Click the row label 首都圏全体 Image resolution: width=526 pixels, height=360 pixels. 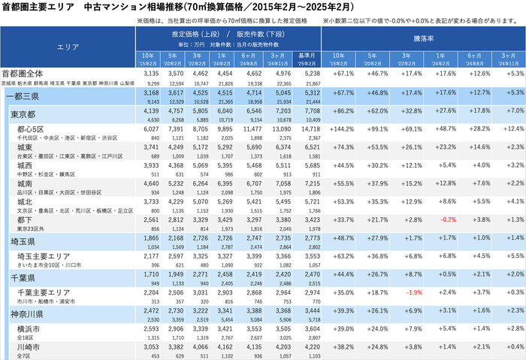click(22, 74)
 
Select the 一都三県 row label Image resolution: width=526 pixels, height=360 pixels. click(24, 95)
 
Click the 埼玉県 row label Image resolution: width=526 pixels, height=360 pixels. click(24, 237)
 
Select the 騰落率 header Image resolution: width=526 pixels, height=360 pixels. click(423, 37)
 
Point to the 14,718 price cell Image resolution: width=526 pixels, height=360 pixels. click(309, 129)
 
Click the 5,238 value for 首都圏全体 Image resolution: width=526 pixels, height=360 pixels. click(309, 74)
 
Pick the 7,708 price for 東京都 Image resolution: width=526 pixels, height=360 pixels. click(309, 110)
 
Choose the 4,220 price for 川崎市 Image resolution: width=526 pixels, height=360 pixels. click(309, 347)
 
